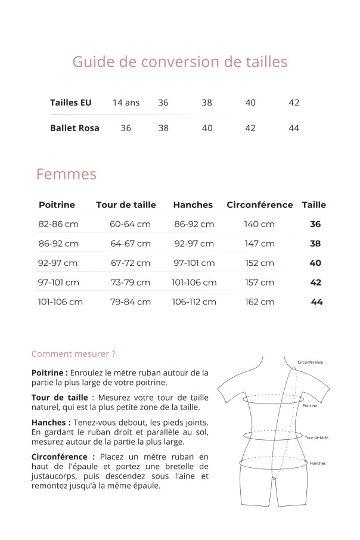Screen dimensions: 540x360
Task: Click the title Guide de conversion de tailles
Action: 179,62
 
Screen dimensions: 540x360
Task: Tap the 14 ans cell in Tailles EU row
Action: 126,103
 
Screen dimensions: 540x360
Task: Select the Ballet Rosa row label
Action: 75,128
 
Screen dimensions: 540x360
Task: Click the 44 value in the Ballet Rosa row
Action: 294,128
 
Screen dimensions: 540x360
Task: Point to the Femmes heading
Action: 66,175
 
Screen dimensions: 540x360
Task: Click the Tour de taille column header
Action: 126,205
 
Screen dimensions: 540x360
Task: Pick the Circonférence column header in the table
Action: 259,205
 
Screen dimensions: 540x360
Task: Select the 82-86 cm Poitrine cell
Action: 58,225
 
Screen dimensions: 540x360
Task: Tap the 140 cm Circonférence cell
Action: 259,225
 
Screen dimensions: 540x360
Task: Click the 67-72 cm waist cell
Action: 131,263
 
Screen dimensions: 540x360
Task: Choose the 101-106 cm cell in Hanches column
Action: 194,283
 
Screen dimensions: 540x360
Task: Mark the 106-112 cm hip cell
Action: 194,302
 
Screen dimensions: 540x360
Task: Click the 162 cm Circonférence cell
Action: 259,302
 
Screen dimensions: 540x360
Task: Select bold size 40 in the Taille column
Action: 315,263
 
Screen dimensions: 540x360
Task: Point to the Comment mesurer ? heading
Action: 73,354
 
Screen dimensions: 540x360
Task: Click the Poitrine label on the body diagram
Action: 310,406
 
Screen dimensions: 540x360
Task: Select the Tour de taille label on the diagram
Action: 316,438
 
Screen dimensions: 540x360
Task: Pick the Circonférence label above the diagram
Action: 311,362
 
